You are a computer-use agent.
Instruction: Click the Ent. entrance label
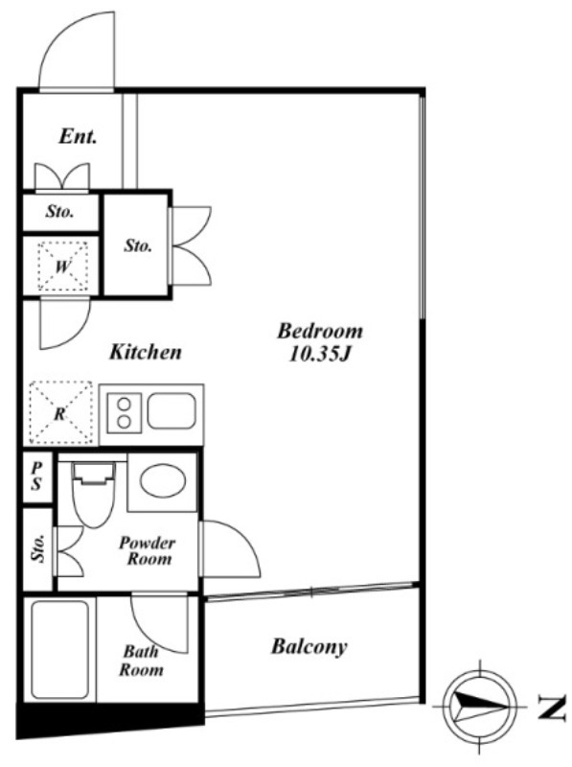78,136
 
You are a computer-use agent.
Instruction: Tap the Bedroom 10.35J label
320,342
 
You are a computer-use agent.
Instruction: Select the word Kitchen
146,352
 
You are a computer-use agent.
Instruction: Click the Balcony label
309,646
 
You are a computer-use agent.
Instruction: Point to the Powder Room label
148,550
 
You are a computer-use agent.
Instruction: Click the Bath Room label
141,661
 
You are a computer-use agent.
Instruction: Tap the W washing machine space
62,267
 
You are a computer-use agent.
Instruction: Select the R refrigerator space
60,413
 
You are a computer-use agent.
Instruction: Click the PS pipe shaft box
37,476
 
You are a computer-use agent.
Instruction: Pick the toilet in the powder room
93,494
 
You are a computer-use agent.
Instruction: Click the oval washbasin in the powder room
163,481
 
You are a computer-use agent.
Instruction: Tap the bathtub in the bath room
60,650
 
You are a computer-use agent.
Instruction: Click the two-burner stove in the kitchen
125,412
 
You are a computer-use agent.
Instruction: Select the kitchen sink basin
172,410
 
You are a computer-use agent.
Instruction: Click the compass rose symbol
480,707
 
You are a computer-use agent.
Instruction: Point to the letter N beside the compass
552,707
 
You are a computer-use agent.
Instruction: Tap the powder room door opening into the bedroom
230,548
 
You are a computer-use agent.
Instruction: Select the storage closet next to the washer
137,244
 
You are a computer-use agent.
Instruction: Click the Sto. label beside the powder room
37,547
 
